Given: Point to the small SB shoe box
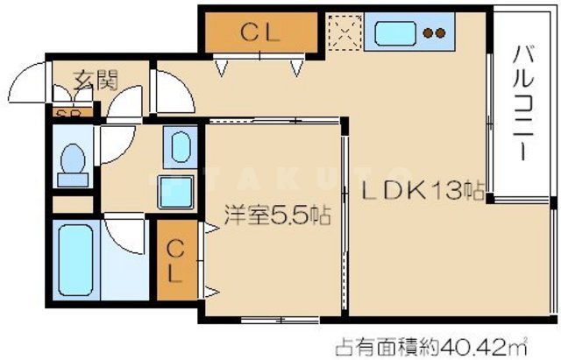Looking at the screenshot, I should [x=64, y=113].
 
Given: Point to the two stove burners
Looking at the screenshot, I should [x=431, y=35].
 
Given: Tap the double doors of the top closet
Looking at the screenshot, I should [x=260, y=64].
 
